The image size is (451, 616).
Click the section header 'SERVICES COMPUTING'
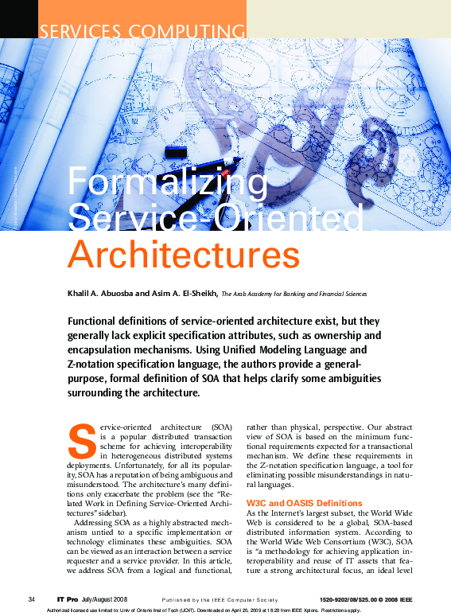point(142,31)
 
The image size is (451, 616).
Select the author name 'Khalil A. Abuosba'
point(106,293)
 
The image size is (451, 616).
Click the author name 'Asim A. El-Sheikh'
point(185,293)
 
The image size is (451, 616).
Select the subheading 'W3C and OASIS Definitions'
point(304,503)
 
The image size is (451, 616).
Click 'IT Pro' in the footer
point(68,598)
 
